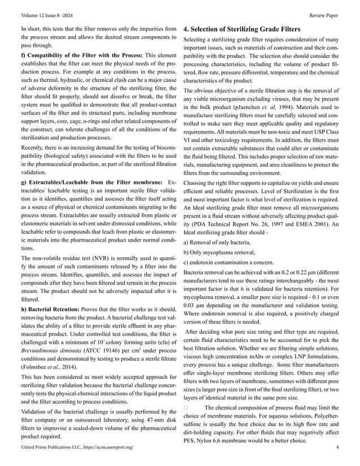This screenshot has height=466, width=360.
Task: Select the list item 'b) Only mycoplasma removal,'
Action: pyautogui.click(x=218, y=252)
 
